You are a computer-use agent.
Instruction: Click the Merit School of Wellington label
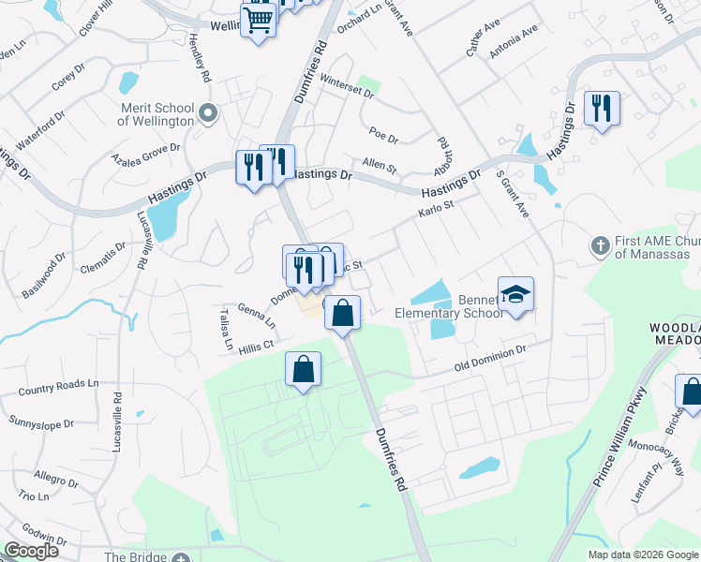click(156, 114)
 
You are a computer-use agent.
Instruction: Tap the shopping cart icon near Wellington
click(260, 20)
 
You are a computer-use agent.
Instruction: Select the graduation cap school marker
click(515, 295)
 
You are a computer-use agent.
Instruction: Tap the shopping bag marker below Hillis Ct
click(304, 370)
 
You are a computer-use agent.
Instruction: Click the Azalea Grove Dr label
click(145, 154)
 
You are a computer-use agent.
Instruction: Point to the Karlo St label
click(437, 203)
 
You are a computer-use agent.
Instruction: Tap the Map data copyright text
click(643, 555)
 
